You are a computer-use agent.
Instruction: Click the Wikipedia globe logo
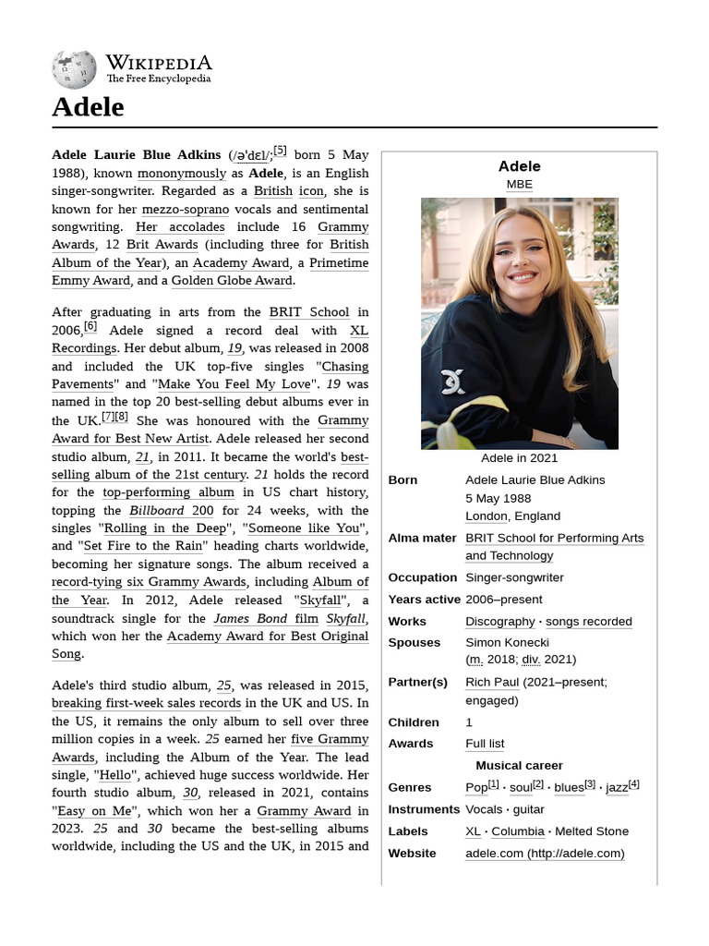click(74, 69)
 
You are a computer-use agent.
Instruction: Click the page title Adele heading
click(88, 107)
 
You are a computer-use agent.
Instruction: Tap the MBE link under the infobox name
click(519, 184)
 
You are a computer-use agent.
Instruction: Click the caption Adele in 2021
click(519, 458)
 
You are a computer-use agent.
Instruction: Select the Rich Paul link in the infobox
click(492, 682)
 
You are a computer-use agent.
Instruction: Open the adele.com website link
click(545, 853)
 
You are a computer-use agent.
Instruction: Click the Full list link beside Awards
click(485, 744)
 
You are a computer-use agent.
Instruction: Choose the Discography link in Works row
click(499, 621)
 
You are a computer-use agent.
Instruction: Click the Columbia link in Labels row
click(518, 831)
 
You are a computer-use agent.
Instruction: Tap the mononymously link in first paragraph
click(182, 173)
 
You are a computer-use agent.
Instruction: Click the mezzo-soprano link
click(186, 209)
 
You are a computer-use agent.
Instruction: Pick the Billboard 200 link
click(171, 510)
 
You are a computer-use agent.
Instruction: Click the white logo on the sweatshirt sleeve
click(452, 382)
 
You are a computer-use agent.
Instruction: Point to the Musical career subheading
click(519, 765)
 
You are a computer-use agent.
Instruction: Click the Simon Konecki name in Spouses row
click(507, 642)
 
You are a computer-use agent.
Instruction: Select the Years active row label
click(424, 599)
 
